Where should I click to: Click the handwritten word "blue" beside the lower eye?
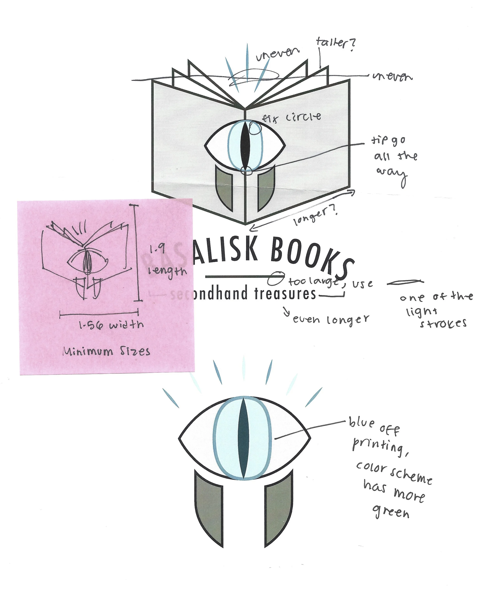pyautogui.click(x=362, y=423)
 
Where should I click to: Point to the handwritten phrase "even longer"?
pyautogui.click(x=331, y=319)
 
